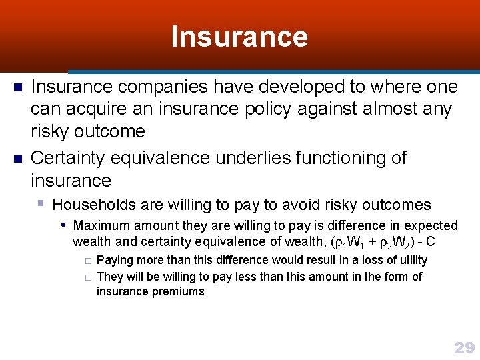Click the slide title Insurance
[x=239, y=37]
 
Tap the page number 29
[x=464, y=347]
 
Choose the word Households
[x=94, y=205]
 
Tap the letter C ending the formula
[x=431, y=241]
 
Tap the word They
[x=110, y=276]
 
